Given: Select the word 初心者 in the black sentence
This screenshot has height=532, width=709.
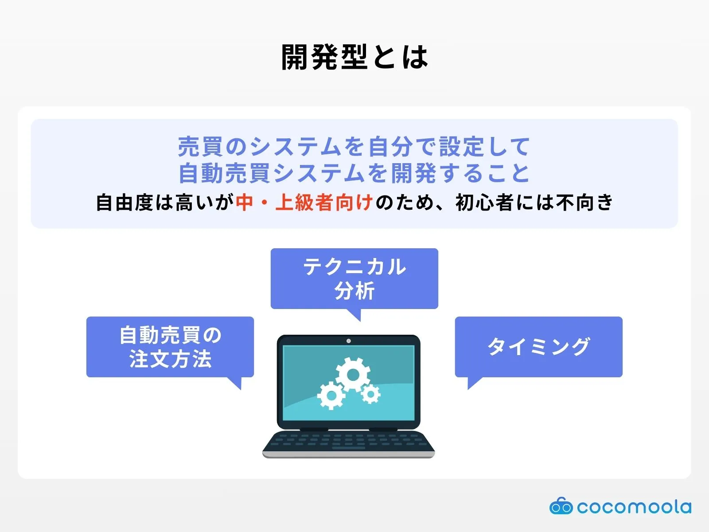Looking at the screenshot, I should click(484, 203).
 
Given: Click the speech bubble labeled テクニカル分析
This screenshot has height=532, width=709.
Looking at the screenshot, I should click(354, 278).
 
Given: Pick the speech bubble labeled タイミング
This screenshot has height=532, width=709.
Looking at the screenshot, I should click(538, 347).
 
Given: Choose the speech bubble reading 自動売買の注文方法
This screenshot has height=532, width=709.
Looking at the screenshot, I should click(170, 347).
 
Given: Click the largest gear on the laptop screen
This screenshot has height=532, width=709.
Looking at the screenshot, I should click(353, 375).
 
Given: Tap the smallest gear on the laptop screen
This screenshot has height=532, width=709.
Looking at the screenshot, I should click(370, 394).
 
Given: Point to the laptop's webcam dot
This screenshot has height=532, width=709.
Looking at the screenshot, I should click(348, 341).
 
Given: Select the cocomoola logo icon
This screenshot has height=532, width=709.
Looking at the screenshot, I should click(561, 506).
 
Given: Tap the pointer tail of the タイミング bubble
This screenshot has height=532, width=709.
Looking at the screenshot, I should click(472, 383).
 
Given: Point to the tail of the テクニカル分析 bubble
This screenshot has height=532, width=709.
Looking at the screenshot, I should click(355, 314).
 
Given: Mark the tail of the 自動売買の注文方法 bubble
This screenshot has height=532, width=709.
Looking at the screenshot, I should click(236, 383).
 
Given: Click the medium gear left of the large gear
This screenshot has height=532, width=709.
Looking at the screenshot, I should click(331, 395).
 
